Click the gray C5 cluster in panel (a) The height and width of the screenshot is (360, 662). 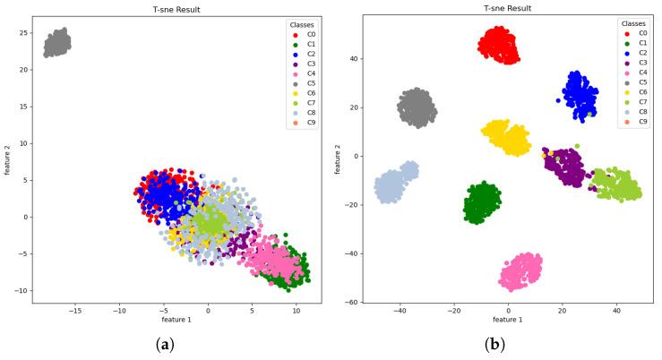[x=57, y=42]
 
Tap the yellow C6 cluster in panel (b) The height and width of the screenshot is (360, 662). [x=505, y=137]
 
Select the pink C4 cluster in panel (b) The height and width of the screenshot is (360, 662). [x=520, y=271]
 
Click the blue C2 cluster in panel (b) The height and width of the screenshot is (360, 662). [x=580, y=93]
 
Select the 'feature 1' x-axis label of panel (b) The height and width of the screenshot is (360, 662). [x=508, y=320]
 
